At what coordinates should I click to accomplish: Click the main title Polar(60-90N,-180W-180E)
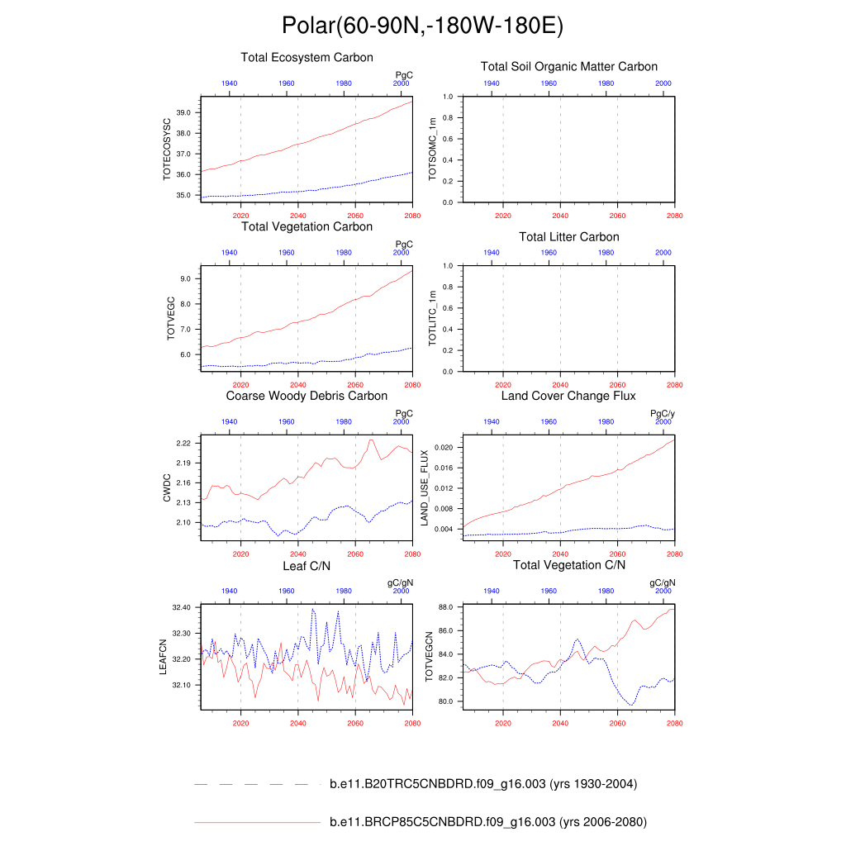422,26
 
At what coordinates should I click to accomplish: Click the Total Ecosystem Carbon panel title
307,58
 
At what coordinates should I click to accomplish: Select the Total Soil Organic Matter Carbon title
569,66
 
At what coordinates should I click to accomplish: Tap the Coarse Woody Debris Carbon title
307,396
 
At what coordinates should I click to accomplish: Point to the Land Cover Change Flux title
568,396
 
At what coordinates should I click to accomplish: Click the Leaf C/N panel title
307,565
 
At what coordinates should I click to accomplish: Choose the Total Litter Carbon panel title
568,237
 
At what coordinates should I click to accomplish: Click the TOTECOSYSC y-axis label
168,149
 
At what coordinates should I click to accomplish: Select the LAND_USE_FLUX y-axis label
425,487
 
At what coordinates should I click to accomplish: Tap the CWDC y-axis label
167,487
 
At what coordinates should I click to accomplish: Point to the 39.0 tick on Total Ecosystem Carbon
183,112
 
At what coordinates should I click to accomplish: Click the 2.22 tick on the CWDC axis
183,444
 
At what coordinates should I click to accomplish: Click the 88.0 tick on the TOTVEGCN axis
446,607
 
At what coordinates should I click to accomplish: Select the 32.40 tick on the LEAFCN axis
182,607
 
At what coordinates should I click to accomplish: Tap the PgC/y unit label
663,413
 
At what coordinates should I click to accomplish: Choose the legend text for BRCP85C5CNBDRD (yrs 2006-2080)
487,822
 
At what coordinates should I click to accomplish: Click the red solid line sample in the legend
256,822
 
